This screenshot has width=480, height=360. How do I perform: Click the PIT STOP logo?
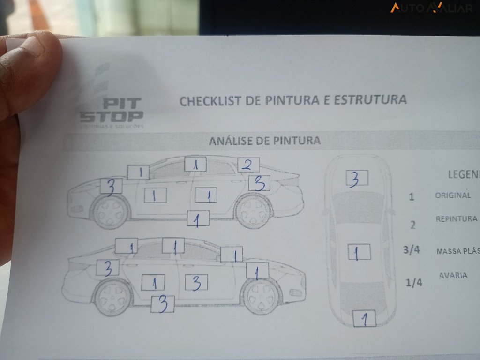112,111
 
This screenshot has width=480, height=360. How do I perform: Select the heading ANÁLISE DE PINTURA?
265,141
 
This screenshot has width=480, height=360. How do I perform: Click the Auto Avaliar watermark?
431,7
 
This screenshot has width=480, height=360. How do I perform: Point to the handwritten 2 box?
248,165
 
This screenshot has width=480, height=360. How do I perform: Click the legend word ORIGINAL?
452,195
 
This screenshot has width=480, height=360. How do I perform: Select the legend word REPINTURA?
457,219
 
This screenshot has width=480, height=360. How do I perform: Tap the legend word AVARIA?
453,275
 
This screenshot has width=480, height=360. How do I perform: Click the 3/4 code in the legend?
412,250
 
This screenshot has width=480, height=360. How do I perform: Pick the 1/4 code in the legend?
413,283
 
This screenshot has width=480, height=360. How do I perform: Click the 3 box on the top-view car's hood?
357,178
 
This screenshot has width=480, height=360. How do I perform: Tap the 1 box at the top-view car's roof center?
359,252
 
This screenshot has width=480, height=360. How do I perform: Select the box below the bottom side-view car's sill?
163,304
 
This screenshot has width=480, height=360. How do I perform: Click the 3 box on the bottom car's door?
196,282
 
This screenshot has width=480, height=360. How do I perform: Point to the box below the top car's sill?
198,218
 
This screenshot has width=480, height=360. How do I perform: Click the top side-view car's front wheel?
111,212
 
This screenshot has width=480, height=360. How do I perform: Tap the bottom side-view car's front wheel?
259,297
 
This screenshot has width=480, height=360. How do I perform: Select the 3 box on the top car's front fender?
111,187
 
